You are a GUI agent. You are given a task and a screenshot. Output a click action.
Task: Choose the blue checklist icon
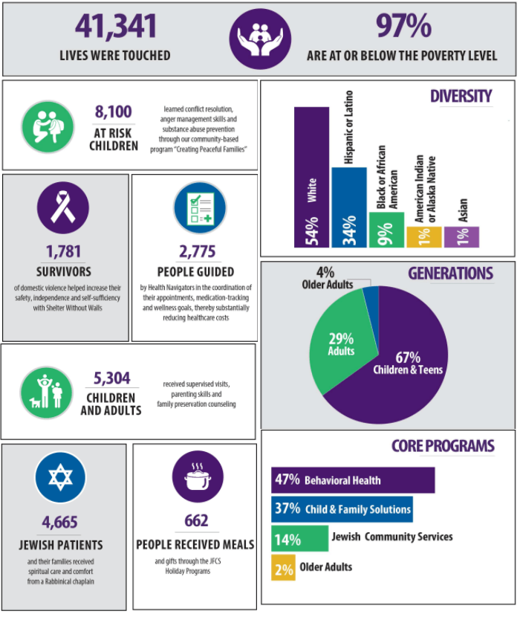pyautogui.click(x=195, y=208)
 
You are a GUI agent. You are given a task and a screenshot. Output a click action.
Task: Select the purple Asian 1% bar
pyautogui.click(x=461, y=236)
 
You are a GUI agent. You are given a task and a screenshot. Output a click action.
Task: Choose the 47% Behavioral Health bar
pyautogui.click(x=353, y=480)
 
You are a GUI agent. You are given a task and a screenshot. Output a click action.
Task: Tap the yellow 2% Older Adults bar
pyautogui.click(x=283, y=567)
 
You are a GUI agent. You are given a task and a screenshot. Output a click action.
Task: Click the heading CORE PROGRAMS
pyautogui.click(x=442, y=446)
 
